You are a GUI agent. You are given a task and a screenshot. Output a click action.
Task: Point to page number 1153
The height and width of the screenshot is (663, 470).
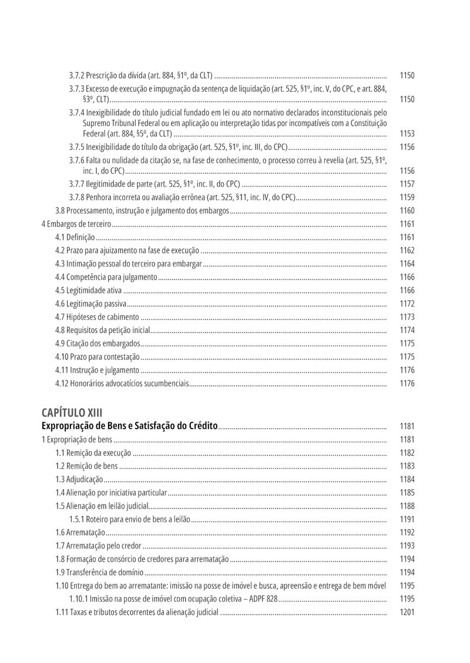(407, 134)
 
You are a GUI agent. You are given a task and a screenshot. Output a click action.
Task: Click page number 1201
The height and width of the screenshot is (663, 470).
(407, 612)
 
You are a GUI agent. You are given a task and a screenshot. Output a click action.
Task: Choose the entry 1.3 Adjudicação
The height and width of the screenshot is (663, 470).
(79, 479)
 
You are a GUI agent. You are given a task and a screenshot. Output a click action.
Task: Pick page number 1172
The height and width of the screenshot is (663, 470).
(407, 304)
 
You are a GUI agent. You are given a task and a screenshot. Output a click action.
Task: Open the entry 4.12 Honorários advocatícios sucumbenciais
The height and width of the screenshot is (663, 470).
(122, 383)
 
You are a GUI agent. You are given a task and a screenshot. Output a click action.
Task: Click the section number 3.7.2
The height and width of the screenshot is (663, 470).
(77, 76)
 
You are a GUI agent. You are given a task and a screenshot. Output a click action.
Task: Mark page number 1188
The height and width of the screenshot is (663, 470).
(407, 506)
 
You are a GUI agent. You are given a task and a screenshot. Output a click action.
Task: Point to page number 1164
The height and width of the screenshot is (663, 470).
(407, 264)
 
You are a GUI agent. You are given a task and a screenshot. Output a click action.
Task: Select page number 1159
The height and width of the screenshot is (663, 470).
(407, 197)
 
